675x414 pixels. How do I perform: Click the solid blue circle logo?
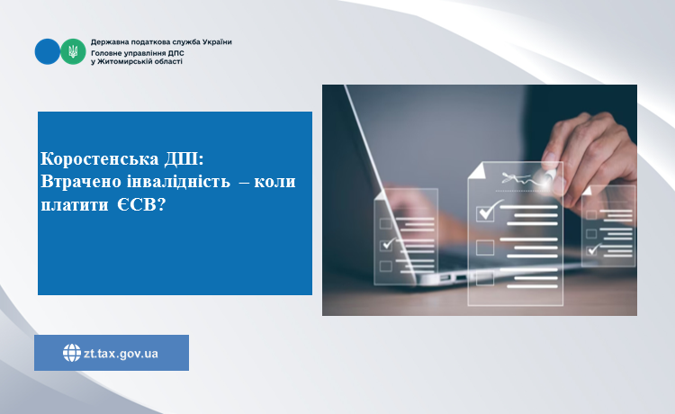[48, 51]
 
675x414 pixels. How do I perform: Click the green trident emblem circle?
[73, 51]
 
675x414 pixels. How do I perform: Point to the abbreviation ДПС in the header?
[176, 53]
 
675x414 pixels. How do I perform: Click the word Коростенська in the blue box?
[100, 158]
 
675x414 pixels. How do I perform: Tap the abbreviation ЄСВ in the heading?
[140, 204]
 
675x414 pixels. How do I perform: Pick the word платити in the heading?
[75, 204]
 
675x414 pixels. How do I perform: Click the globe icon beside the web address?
[72, 353]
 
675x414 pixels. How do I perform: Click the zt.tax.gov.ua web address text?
[121, 354]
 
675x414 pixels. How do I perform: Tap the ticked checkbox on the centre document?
[486, 212]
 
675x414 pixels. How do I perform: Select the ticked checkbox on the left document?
[387, 245]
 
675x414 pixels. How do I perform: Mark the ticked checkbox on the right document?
[594, 249]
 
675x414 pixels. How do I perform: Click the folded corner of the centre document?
[476, 170]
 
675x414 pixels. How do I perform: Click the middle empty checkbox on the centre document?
[485, 247]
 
